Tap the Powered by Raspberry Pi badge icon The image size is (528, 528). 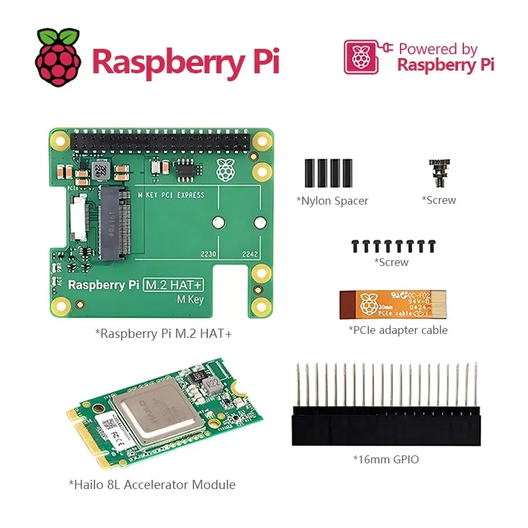pos(360,57)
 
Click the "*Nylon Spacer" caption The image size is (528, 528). pos(332,201)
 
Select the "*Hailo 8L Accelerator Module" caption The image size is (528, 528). pos(152,484)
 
